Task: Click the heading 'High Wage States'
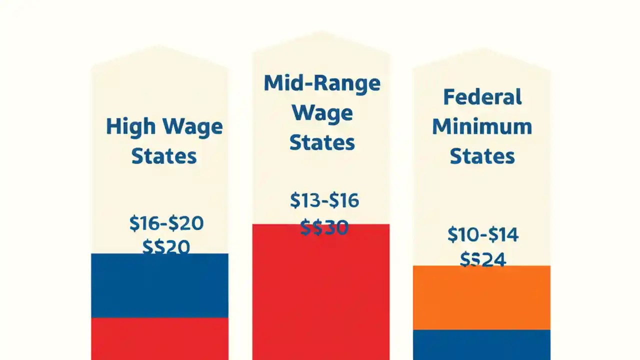(164, 141)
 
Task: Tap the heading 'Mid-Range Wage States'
(322, 112)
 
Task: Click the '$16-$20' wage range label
(166, 223)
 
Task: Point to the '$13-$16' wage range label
(324, 200)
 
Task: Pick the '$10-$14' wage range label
(483, 234)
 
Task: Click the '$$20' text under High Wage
(166, 247)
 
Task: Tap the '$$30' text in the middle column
(324, 228)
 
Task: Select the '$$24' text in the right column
(483, 259)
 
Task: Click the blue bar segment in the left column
(159, 285)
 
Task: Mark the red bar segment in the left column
(159, 338)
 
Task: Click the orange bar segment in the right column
(481, 297)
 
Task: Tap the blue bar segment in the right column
(481, 344)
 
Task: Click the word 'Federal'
(482, 96)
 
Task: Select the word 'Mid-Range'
(322, 83)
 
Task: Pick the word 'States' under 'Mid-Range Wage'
(322, 142)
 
